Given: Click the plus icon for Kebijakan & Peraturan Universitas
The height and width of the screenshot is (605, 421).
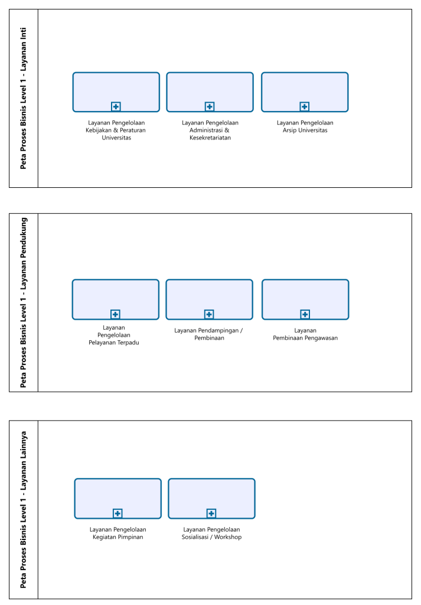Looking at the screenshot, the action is click(116, 106).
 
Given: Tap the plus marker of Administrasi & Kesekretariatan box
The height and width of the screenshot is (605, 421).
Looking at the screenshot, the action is click(210, 106).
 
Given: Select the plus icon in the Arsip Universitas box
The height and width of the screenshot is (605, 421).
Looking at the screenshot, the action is click(305, 106).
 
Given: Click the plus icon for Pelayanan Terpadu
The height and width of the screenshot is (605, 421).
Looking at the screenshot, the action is click(115, 314).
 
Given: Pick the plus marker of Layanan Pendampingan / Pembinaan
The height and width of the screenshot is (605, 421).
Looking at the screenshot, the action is click(209, 314).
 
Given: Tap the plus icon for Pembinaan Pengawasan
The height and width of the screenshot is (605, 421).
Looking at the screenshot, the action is click(305, 314).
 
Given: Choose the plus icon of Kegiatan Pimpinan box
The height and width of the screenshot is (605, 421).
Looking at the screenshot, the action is click(118, 513).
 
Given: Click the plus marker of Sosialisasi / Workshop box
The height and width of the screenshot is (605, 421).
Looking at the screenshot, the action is click(211, 513).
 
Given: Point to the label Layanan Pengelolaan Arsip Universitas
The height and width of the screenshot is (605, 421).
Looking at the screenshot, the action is click(305, 126).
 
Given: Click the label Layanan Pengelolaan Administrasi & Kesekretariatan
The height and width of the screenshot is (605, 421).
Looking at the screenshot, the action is click(210, 130).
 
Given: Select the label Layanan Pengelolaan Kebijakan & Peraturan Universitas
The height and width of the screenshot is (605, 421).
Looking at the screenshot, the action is click(116, 130).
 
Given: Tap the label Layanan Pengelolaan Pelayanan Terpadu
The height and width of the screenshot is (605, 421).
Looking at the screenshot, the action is click(114, 335).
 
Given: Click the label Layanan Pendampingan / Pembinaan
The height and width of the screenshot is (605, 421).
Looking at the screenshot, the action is click(208, 334).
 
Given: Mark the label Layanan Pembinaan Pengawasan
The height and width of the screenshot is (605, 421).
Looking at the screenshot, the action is click(305, 334).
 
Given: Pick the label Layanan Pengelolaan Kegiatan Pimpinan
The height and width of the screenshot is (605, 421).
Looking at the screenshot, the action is click(118, 534).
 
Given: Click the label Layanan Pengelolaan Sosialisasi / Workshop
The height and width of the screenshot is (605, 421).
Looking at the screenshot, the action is click(211, 534).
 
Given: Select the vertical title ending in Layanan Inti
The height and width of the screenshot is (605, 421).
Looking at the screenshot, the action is click(24, 99).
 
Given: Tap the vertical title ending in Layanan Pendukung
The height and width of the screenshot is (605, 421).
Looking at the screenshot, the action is click(24, 302).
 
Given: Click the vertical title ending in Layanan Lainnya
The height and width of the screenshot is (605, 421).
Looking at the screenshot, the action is click(24, 510).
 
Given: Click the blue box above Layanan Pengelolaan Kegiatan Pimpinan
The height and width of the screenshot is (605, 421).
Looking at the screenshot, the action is click(118, 499).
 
